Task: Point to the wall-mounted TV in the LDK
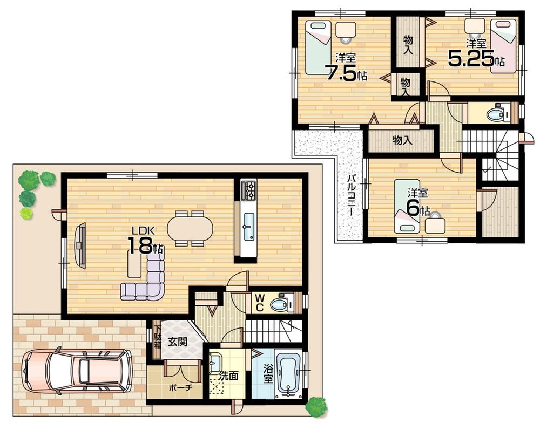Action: click(80, 245)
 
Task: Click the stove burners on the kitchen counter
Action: click(249, 189)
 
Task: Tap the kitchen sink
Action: click(248, 226)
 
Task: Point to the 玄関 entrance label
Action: click(177, 341)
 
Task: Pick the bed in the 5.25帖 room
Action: click(503, 46)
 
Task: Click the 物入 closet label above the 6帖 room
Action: click(402, 140)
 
